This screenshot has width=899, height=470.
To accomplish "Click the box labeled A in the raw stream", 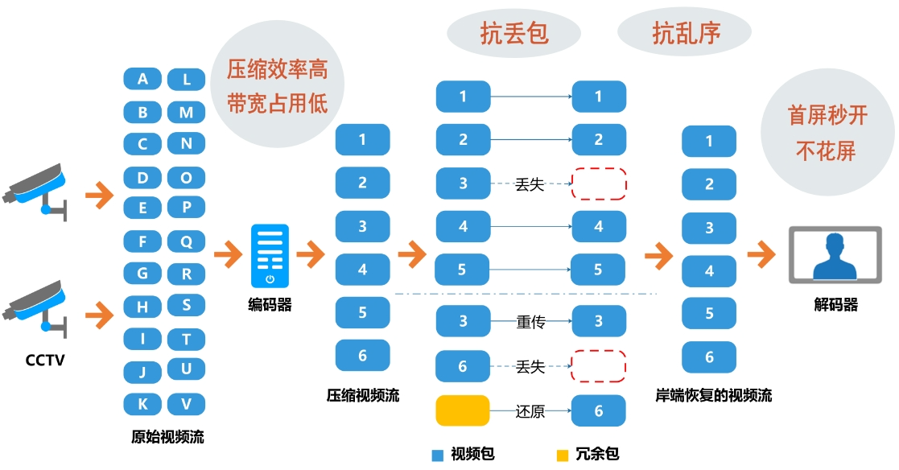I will pos(142,79).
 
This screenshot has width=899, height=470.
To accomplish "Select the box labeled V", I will pos(186,404).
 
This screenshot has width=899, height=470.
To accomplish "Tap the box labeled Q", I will pos(186,241).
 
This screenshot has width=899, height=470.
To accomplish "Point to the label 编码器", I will pos(270,305).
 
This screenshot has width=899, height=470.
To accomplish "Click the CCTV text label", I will pos(44,360).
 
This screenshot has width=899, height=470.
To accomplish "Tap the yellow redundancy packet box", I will pos(463,410).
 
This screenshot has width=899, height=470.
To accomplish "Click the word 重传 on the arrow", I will pos(530,322).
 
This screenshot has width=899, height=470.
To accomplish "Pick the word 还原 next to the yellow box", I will pos(530,411).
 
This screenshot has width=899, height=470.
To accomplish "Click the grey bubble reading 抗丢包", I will pos(514,33).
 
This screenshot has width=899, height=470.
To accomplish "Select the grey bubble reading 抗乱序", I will pos(686,33).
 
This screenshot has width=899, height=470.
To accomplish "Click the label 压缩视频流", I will pos(362,395).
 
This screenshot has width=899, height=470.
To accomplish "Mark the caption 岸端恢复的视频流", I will pos(714,395).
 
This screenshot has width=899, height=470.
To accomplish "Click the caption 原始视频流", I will pos(167,437).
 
